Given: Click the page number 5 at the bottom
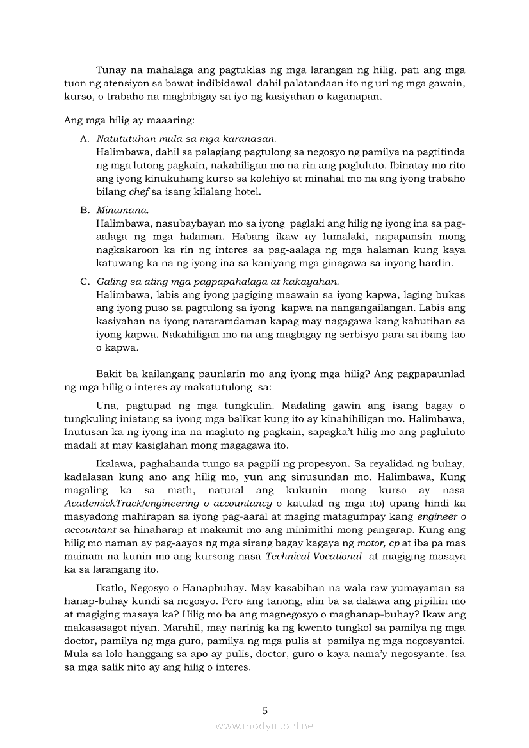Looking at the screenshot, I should (264, 710).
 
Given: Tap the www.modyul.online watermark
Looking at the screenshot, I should (264, 726).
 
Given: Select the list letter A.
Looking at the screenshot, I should (85, 138).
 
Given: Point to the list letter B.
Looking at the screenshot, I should (85, 210).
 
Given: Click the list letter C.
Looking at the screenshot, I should (85, 282).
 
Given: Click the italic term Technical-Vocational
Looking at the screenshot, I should (314, 556).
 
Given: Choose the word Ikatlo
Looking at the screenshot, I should (111, 587).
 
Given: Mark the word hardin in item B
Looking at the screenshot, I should (439, 263).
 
